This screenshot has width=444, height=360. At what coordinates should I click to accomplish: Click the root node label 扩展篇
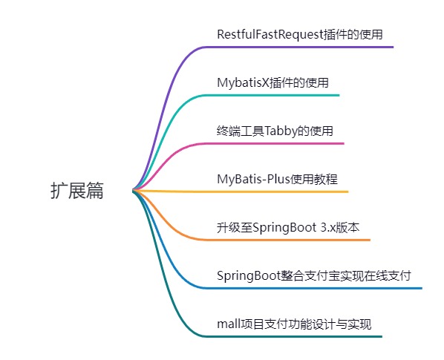click(x=77, y=191)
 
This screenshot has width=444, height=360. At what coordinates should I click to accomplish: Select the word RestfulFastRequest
click(x=270, y=35)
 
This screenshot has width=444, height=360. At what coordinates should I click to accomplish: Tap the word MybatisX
click(x=243, y=83)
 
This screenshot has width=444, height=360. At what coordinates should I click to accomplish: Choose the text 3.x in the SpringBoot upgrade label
click(x=328, y=228)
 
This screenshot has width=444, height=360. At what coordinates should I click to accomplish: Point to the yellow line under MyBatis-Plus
click(x=241, y=192)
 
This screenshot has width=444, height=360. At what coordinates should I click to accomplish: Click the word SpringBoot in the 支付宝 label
click(x=249, y=276)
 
